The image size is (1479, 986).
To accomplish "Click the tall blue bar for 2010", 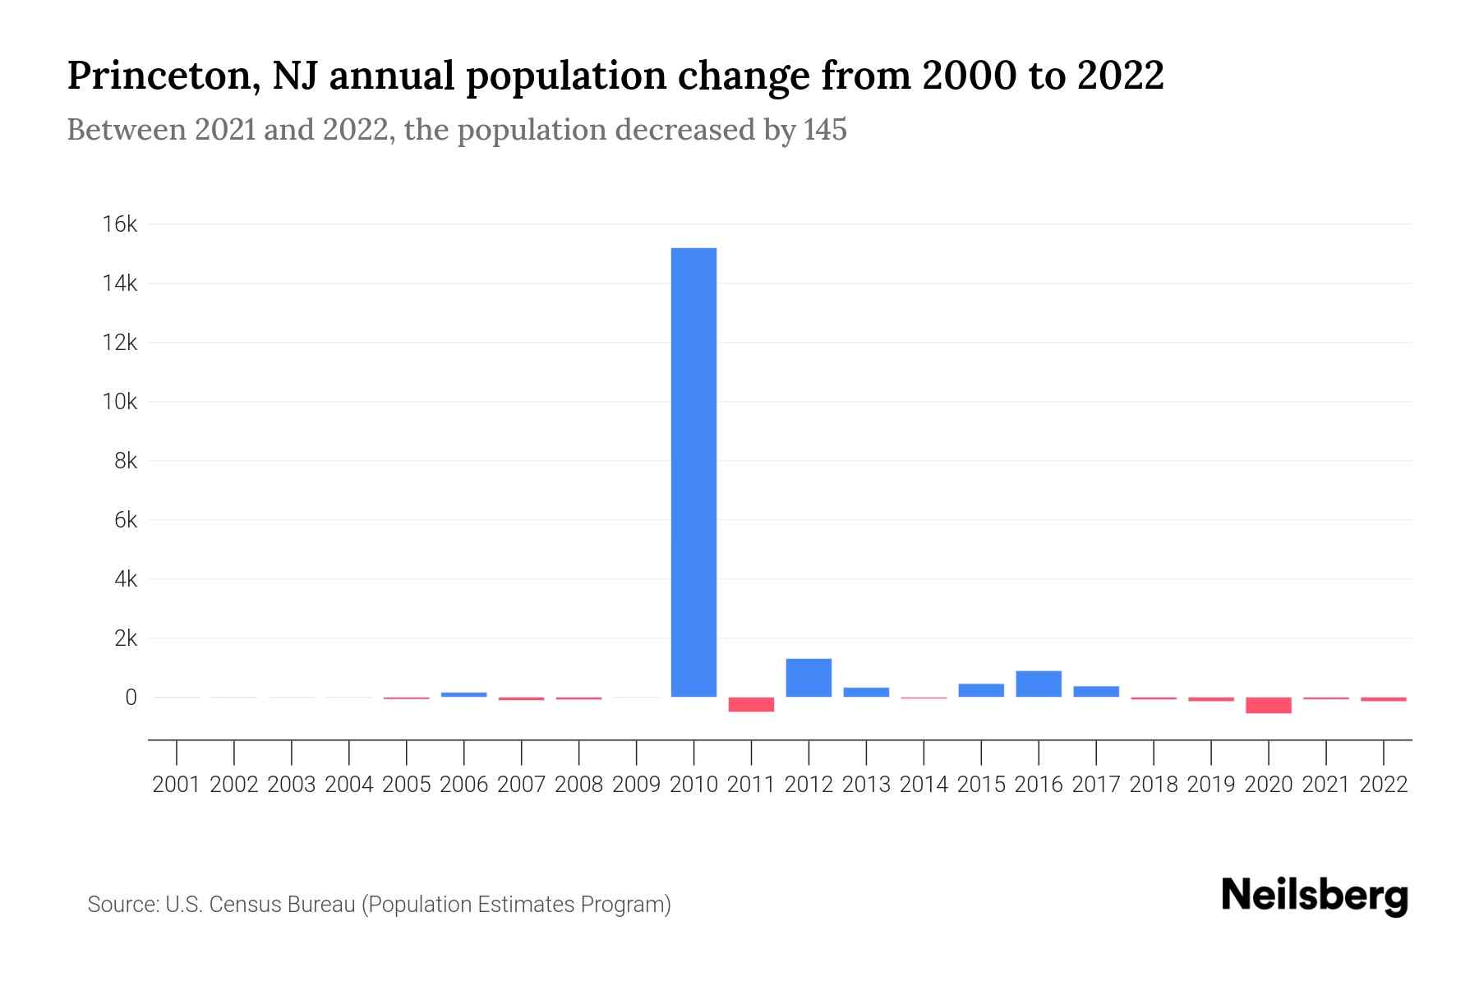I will [693, 472].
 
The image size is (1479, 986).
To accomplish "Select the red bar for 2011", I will [751, 704].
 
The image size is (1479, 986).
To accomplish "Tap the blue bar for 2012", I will [809, 678].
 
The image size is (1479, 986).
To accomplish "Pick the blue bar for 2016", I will [1039, 684].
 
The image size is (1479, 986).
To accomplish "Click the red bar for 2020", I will [1269, 705].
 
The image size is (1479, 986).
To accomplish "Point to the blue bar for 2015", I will [981, 690].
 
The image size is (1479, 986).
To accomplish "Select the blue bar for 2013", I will [866, 692].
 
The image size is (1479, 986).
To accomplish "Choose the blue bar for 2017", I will [1096, 691].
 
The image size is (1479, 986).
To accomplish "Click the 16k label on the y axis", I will [120, 224].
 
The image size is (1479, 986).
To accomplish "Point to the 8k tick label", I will [126, 461].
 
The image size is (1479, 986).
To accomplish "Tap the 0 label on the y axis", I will [131, 698].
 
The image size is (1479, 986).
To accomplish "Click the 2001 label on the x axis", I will [177, 785].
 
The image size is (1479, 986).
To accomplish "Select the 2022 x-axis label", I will [1384, 785].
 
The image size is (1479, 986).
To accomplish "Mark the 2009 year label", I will [636, 785].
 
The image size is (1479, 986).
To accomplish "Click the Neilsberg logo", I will [1315, 896].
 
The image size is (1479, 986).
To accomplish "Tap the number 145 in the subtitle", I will [825, 130].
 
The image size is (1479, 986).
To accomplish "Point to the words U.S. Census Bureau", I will [260, 905].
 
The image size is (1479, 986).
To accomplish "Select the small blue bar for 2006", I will [463, 694].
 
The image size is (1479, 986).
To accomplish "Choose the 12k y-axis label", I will [120, 343].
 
